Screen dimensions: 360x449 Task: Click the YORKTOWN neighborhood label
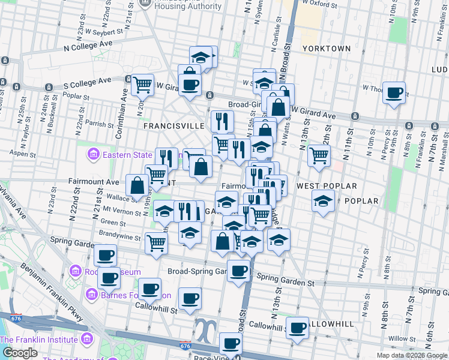(x=326, y=48)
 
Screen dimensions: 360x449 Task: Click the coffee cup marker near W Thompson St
(x=394, y=93)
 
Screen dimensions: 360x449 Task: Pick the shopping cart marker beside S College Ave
(x=142, y=85)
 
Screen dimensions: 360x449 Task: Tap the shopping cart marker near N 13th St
(x=319, y=156)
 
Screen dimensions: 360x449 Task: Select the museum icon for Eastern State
(x=93, y=155)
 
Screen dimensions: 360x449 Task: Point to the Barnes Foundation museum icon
(x=91, y=295)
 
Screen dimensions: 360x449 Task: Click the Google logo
(x=20, y=352)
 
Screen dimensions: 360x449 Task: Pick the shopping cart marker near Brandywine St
(x=155, y=243)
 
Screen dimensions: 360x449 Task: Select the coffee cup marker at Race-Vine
(x=230, y=344)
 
